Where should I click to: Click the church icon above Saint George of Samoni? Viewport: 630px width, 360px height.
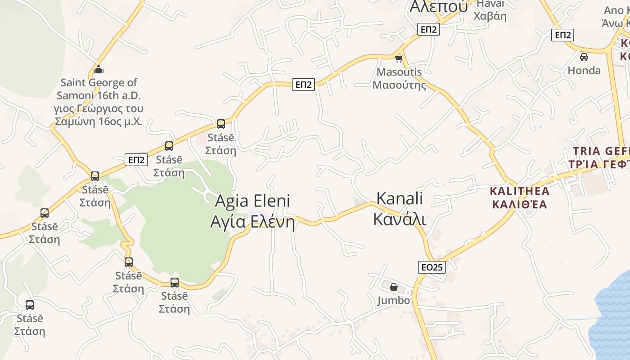pos(99,70)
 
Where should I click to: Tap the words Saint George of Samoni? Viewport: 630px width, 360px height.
pos(99,89)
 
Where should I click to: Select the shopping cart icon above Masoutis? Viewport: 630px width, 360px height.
pos(399,59)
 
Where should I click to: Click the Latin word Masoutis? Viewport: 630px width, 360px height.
pos(399,72)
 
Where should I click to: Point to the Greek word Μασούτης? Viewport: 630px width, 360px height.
pos(399,85)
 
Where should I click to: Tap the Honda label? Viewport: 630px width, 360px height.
pos(584,70)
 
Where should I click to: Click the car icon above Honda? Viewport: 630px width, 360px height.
pos(584,57)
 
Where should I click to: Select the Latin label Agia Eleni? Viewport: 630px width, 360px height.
pos(252,201)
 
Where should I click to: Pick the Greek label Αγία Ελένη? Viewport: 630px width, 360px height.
pos(252,222)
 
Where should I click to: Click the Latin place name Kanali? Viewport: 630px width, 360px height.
pos(400,198)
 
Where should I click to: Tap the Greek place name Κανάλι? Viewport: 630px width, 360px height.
pos(400,219)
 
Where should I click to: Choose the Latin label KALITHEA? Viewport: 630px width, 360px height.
pos(520,191)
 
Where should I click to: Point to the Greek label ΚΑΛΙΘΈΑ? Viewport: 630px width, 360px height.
pos(520,205)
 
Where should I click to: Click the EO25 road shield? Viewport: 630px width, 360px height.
pos(432,267)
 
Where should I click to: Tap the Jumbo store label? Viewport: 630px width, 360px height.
pos(394,300)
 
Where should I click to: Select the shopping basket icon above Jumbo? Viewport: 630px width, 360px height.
pos(394,287)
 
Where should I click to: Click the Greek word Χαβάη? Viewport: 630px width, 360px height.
pos(490,16)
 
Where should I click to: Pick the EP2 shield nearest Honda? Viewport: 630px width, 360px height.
pos(562,35)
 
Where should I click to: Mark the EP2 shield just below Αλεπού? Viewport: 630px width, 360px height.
pos(428,30)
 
